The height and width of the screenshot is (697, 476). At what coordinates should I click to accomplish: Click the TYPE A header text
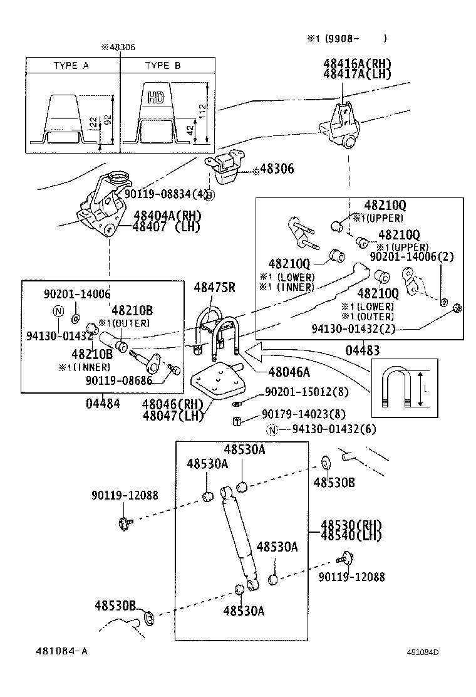[75, 65]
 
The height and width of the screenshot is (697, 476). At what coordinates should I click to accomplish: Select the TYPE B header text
[163, 65]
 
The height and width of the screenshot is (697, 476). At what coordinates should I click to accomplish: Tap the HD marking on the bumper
[157, 97]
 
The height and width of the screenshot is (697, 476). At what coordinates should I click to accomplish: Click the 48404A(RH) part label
[166, 216]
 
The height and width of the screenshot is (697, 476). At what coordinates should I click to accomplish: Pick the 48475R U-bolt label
[214, 288]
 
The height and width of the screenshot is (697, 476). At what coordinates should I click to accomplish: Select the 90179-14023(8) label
[303, 414]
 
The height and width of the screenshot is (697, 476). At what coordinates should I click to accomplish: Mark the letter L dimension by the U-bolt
[426, 389]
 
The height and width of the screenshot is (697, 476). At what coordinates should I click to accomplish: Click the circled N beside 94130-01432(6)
[271, 429]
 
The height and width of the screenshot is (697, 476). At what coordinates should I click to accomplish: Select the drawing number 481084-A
[61, 651]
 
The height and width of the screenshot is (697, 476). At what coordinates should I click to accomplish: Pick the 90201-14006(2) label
[411, 256]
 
